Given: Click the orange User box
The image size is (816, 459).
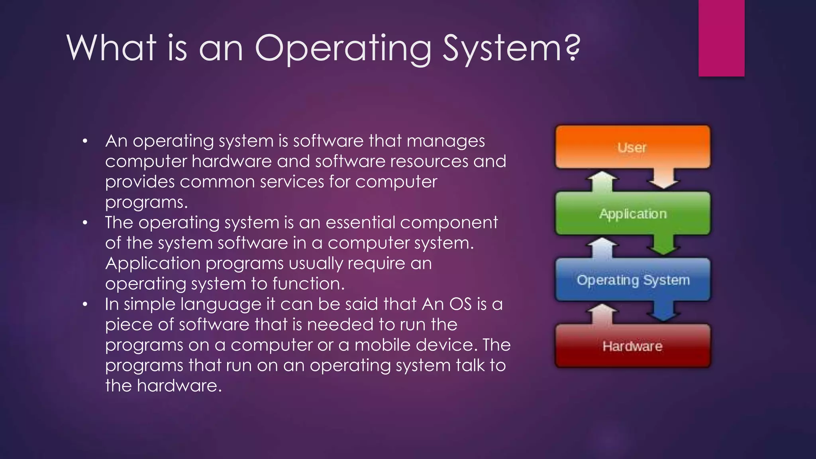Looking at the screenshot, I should [x=632, y=147].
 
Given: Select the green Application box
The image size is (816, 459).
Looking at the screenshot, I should [x=632, y=214].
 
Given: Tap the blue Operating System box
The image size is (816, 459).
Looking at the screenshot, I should [x=632, y=280].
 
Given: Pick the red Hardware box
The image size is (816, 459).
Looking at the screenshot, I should [x=632, y=346].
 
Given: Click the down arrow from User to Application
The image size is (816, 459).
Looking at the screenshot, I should [x=663, y=178].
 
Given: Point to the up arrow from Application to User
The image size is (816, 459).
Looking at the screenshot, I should [x=603, y=181].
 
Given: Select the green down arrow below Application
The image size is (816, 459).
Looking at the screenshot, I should [x=663, y=245].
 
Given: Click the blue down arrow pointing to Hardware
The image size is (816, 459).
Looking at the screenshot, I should [x=663, y=311].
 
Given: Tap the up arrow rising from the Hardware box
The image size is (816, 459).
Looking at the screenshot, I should [x=603, y=314].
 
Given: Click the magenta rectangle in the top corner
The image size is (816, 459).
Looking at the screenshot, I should [x=721, y=38].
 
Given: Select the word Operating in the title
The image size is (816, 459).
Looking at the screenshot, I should [x=343, y=49].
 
